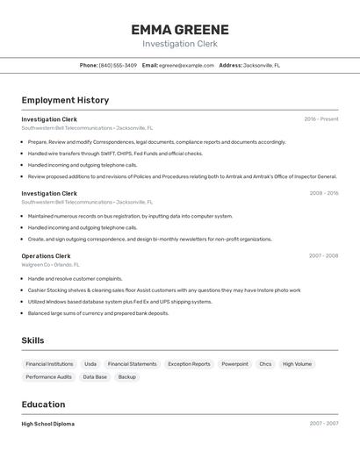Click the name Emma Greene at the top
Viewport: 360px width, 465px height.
(x=179, y=29)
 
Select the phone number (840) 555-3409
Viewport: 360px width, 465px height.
(x=118, y=65)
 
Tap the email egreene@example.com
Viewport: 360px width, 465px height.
(x=186, y=65)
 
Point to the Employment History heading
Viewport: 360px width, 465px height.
(x=65, y=100)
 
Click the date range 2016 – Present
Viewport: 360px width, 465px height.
(x=321, y=119)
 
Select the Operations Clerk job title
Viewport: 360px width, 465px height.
(x=46, y=256)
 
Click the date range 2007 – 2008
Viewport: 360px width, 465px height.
(x=323, y=256)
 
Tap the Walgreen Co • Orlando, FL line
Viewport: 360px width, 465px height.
(x=50, y=264)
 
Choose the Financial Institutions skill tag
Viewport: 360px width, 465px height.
(x=49, y=363)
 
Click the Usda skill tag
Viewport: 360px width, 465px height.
(x=90, y=363)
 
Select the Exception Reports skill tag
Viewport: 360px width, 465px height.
(x=189, y=363)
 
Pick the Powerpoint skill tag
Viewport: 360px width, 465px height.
(x=234, y=363)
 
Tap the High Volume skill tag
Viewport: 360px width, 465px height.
(x=297, y=363)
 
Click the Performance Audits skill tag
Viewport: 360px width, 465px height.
(x=48, y=377)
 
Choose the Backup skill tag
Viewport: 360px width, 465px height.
(x=127, y=377)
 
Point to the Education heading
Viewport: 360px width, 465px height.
(x=43, y=404)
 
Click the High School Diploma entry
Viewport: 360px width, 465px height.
(x=47, y=424)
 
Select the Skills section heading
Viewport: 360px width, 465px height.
(x=32, y=340)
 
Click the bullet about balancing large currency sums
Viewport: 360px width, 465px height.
(x=98, y=313)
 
